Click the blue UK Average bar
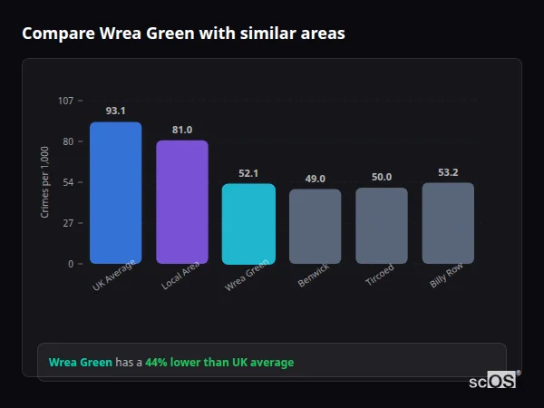(115, 192)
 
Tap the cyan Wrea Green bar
(248, 224)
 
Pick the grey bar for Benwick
(315, 227)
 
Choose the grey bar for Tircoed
(382, 226)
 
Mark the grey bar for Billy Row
(448, 223)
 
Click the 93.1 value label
(115, 111)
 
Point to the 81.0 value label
(182, 130)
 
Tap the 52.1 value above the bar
(248, 173)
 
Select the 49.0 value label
(315, 179)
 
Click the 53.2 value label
(448, 172)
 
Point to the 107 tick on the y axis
(65, 101)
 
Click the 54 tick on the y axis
(68, 182)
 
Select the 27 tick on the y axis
(68, 223)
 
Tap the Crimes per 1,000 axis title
(45, 182)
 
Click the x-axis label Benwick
(314, 277)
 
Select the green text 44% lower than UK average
(219, 363)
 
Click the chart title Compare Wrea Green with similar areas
(183, 34)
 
